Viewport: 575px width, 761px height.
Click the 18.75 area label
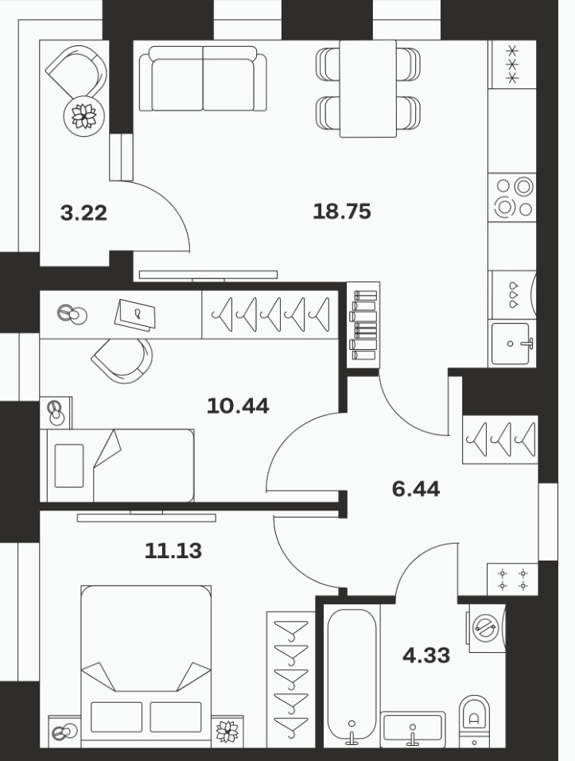click(x=342, y=212)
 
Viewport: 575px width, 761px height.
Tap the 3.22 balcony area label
click(x=84, y=213)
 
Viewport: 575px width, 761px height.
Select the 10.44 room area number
click(x=238, y=406)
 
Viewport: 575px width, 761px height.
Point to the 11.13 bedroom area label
click(x=173, y=551)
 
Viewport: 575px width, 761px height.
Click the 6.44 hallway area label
click(x=416, y=489)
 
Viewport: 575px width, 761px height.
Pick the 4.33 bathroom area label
click(x=426, y=656)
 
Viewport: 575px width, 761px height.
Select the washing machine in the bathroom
click(x=486, y=628)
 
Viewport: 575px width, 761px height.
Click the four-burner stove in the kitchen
click(x=512, y=197)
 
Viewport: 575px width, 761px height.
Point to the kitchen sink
click(x=512, y=344)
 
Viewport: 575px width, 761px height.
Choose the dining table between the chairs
click(x=367, y=89)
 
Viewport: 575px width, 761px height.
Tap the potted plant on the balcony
click(x=84, y=116)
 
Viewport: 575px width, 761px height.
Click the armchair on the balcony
click(x=78, y=72)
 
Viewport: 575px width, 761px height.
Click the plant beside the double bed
click(x=227, y=732)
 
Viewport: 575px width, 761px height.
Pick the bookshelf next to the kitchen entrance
click(x=363, y=325)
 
